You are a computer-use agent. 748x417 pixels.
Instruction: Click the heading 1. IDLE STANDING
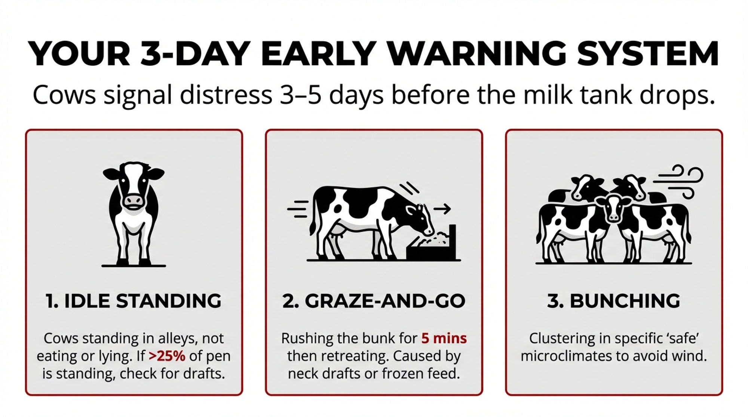click(134, 301)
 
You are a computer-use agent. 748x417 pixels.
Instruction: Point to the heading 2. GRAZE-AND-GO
click(374, 301)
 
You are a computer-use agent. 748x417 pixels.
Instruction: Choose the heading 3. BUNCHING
click(614, 301)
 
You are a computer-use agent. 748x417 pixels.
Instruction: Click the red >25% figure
click(167, 356)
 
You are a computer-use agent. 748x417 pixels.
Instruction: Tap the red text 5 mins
click(444, 339)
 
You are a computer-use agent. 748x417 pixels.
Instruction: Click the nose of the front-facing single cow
click(134, 202)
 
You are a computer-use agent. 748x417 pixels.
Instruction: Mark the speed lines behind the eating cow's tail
click(298, 209)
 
